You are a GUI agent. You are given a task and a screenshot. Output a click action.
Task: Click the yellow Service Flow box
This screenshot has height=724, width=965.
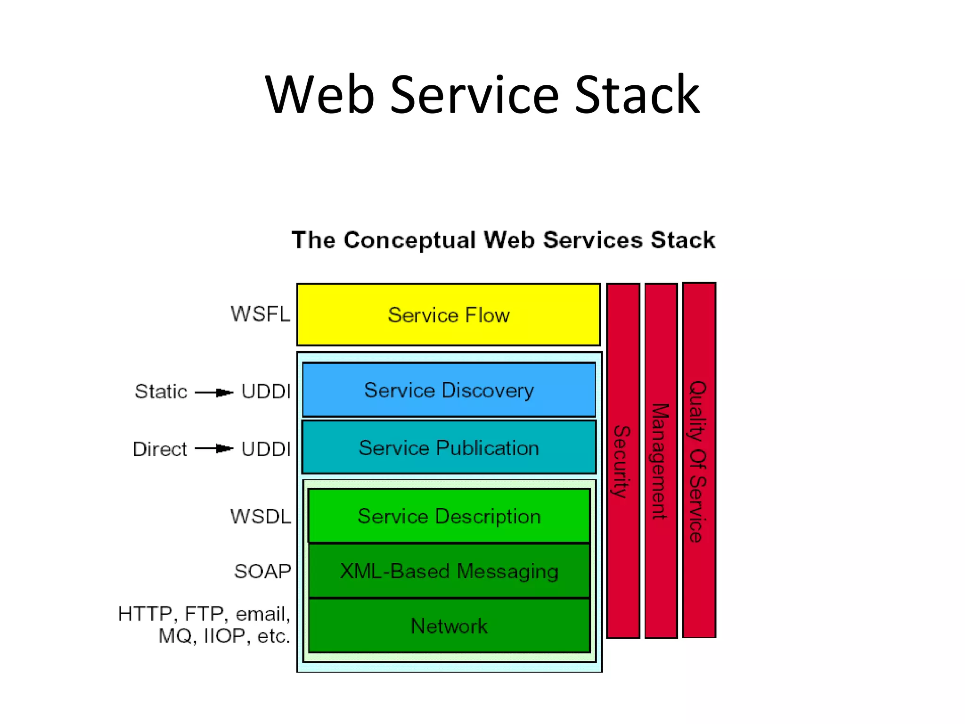tap(448, 314)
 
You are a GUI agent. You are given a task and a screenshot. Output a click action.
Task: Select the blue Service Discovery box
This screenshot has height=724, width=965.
tap(449, 390)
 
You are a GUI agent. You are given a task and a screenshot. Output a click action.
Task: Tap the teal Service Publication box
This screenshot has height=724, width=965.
tap(449, 447)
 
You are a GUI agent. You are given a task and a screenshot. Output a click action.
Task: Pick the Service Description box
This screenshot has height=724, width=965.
tap(449, 516)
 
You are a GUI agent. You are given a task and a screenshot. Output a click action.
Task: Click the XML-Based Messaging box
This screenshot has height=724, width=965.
tap(449, 571)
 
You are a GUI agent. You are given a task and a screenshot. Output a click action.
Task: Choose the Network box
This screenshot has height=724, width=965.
tap(449, 625)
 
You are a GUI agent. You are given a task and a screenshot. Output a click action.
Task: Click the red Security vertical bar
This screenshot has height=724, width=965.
tap(622, 461)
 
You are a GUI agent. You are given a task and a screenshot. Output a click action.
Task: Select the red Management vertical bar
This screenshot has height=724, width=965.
tap(661, 461)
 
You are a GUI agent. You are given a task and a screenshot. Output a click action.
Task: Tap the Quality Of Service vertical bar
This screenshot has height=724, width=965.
tap(699, 461)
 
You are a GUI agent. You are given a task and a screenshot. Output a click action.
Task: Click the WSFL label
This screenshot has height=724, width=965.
tap(260, 314)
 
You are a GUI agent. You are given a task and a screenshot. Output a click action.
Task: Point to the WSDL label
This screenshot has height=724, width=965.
tap(261, 516)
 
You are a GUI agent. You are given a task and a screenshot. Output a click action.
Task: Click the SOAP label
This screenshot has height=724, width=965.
tap(262, 571)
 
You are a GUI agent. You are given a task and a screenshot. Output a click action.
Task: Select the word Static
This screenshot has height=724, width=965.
tap(161, 391)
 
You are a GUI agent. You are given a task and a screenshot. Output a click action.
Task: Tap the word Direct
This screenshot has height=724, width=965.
tap(160, 449)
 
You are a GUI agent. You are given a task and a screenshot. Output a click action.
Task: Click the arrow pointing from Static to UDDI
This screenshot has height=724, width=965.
tap(214, 392)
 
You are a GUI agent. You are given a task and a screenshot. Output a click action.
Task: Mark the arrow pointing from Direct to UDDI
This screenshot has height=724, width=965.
tap(214, 448)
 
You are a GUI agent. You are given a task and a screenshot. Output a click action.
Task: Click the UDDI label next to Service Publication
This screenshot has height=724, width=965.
tap(266, 449)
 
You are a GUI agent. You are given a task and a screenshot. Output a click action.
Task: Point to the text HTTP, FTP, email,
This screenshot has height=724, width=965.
tap(204, 614)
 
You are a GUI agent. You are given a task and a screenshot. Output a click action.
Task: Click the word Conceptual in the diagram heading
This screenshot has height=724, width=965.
tap(409, 240)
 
